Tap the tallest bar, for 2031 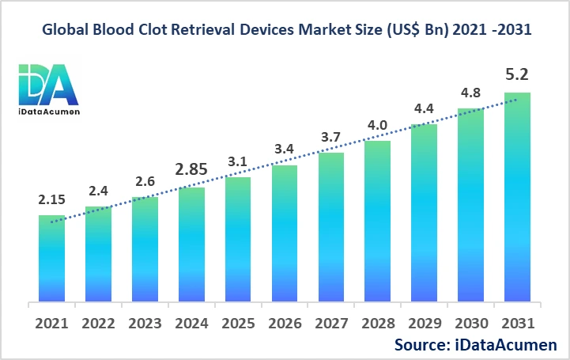click(517, 197)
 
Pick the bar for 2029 click(424, 213)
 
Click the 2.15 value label click(52, 201)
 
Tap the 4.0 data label click(377, 126)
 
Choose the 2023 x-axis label click(145, 324)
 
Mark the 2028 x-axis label click(377, 324)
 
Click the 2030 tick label click(470, 324)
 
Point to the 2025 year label click(238, 324)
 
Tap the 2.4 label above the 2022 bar click(99, 191)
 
